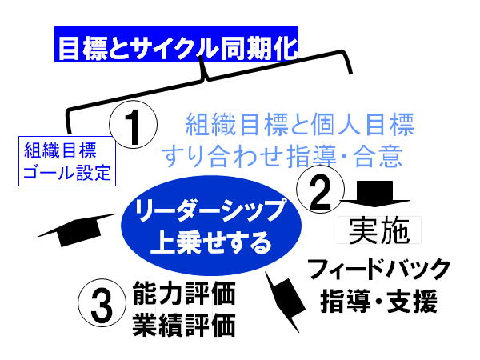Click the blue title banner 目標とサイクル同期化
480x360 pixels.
(x=176, y=44)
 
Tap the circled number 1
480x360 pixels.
(x=133, y=125)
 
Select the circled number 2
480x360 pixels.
(x=320, y=190)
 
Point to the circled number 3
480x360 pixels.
(x=102, y=302)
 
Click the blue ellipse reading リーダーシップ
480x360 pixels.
(x=211, y=226)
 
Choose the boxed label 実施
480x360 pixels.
(x=379, y=230)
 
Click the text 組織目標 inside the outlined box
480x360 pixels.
(x=60, y=150)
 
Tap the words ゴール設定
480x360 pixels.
(x=67, y=173)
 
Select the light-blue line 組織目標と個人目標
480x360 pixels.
(x=300, y=124)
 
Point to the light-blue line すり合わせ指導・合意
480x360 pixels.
(x=282, y=156)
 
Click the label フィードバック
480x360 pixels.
(x=379, y=269)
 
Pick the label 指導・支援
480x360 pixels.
(x=379, y=302)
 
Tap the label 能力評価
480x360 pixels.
(x=184, y=294)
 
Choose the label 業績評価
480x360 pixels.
(x=184, y=325)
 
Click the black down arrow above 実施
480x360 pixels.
(x=374, y=194)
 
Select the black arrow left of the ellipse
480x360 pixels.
(x=77, y=230)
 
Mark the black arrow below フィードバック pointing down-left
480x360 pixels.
(x=286, y=302)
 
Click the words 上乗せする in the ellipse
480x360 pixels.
(x=211, y=242)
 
